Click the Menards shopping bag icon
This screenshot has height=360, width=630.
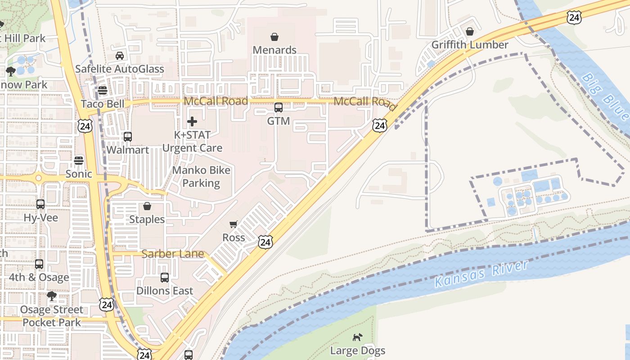point(274,36)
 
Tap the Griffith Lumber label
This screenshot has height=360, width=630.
point(469,45)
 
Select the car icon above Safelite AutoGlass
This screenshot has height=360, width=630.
point(120,56)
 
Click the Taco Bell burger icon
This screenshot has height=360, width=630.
point(103,90)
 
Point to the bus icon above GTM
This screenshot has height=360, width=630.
point(279,108)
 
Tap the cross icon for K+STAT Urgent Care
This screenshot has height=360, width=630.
point(192,121)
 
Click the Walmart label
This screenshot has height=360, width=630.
point(128,150)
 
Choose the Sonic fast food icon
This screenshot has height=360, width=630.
point(79,160)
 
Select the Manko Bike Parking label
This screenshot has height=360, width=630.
point(201,176)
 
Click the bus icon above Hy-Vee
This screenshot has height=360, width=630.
point(40,204)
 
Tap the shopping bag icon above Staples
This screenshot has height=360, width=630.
point(147,206)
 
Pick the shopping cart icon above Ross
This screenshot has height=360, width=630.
point(234,224)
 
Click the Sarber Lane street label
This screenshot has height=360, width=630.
point(173,254)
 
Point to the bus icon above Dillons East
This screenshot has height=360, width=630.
point(165,278)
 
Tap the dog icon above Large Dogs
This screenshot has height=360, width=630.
point(357,337)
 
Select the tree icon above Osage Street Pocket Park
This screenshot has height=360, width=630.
point(52,296)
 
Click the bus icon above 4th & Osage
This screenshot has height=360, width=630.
point(39,264)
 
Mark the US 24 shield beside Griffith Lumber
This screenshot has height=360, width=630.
point(574,18)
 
